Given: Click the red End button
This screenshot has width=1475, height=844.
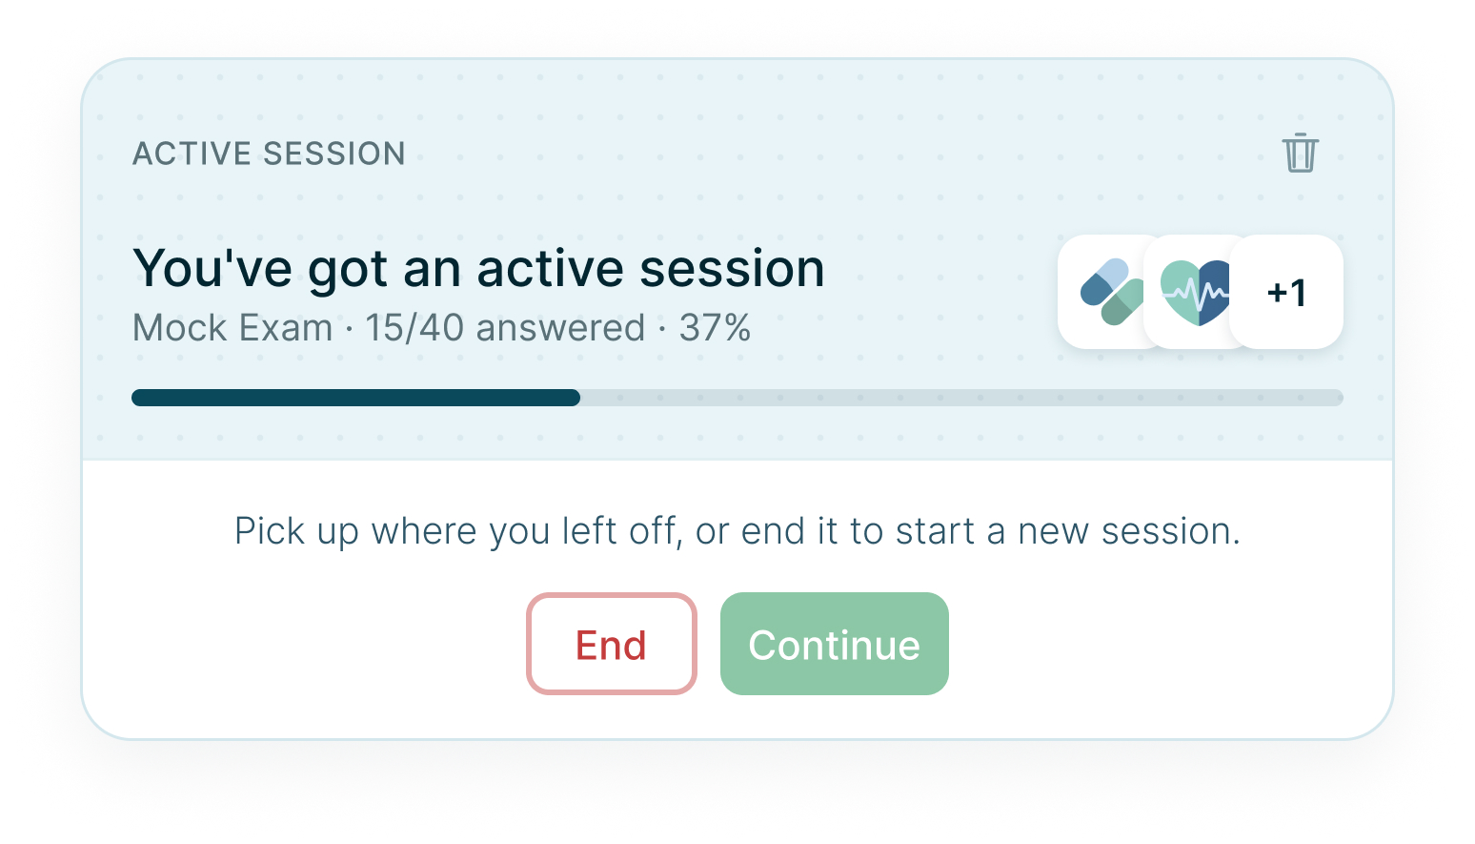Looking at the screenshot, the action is tap(611, 644).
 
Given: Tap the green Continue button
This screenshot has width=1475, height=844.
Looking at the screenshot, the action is tap(835, 644).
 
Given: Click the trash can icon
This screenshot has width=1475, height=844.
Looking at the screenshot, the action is tap(1300, 153).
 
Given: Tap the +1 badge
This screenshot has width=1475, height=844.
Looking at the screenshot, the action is tap(1286, 292).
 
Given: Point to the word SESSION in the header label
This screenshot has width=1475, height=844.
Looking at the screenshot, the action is tap(334, 154).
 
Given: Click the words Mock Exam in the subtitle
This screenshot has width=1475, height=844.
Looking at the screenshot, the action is tap(232, 327).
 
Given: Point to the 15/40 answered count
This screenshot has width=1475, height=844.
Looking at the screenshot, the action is tap(505, 327).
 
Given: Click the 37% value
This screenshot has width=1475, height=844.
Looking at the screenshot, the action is tap(715, 327).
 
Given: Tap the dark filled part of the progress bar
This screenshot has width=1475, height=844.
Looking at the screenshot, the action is tap(355, 398).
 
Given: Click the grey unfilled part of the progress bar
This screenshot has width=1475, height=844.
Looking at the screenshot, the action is tap(961, 398).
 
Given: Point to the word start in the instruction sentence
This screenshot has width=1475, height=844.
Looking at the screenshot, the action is tap(935, 531).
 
